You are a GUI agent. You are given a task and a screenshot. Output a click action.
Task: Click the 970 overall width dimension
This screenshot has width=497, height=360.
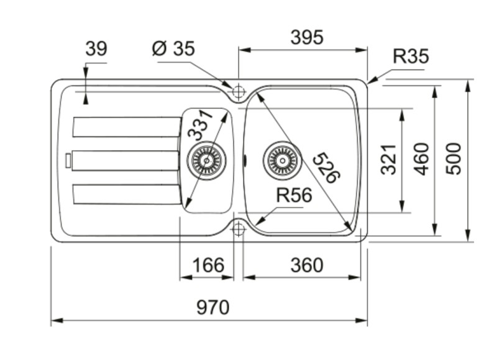(x=212, y=307)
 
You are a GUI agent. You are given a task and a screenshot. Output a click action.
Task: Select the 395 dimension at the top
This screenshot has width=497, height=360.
(x=307, y=37)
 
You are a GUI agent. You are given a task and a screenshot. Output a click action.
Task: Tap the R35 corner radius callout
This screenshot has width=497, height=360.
(x=411, y=56)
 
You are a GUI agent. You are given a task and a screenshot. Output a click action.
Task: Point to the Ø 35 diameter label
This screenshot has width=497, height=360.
(x=173, y=48)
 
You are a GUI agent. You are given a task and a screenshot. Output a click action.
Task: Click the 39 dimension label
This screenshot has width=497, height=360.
(x=96, y=48)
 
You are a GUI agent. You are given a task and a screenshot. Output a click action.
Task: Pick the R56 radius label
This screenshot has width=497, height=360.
(x=293, y=196)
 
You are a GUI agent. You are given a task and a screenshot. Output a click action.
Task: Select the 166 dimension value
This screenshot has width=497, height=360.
(x=207, y=265)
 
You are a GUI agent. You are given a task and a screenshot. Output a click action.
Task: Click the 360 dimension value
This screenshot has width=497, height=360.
(x=307, y=265)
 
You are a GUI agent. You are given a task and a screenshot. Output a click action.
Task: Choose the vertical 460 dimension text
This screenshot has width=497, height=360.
(x=422, y=158)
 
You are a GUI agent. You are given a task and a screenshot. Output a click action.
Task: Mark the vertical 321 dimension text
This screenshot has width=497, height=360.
(x=388, y=159)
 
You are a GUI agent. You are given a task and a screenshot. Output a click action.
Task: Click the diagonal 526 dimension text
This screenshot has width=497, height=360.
(x=326, y=168)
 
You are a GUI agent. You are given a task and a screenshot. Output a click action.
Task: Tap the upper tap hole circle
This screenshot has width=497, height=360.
(x=238, y=92)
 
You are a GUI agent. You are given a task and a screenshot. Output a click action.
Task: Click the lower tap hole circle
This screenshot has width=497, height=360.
(x=238, y=229)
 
